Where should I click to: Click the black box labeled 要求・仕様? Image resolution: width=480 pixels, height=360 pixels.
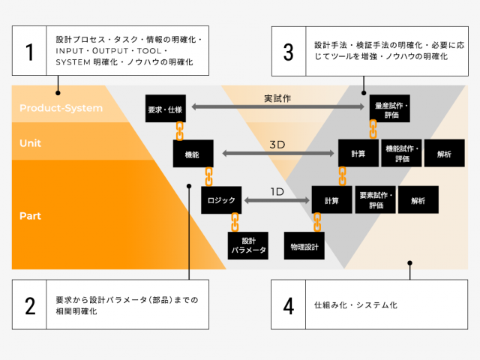point(166,109)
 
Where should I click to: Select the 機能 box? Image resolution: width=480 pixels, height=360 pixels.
point(193,154)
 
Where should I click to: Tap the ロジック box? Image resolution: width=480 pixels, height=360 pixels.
point(221,200)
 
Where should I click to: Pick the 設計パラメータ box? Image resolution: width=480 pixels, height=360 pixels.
point(248,245)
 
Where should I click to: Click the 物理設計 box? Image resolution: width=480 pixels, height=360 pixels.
point(304,245)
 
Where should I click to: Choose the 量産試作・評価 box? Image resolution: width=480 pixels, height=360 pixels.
point(390,109)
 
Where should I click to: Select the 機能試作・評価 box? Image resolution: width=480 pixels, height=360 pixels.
point(401,153)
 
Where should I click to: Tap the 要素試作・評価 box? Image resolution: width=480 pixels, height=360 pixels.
point(375,199)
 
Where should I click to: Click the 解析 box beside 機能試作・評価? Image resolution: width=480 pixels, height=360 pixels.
point(445,153)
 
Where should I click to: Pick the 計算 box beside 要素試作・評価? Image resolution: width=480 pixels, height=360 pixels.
point(331,199)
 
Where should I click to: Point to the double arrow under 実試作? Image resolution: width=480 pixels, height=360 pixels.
point(278,106)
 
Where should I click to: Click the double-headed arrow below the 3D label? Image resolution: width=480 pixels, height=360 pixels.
point(278,153)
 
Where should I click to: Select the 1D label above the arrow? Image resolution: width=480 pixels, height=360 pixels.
point(277,192)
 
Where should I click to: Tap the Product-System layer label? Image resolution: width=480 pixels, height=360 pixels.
point(61,108)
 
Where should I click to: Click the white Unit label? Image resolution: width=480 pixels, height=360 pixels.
point(30,143)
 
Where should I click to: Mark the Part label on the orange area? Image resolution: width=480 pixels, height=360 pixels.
point(30,216)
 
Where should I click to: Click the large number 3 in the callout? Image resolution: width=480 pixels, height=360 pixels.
point(288,52)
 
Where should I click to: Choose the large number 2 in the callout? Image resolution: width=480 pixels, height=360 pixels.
point(30,306)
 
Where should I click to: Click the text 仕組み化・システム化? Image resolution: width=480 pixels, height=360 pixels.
point(355,305)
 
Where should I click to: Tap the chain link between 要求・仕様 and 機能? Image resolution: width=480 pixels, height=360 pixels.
point(180,131)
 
